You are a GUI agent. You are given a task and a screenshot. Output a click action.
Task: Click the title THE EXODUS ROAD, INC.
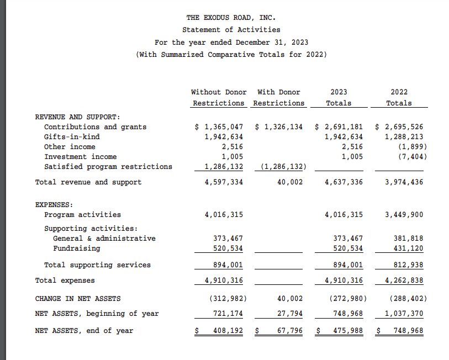pyautogui.click(x=231, y=18)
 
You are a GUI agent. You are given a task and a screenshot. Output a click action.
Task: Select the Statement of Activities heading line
pyautogui.click(x=231, y=30)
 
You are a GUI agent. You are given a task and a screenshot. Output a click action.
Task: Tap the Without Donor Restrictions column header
pyautogui.click(x=219, y=98)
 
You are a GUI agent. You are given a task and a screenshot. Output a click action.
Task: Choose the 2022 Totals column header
pyautogui.click(x=399, y=98)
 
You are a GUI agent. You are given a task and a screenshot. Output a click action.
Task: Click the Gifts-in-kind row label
pyautogui.click(x=72, y=137)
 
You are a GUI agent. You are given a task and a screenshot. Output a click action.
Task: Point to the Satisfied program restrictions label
pyautogui.click(x=108, y=167)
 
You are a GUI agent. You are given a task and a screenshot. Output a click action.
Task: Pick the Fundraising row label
pyautogui.click(x=76, y=248)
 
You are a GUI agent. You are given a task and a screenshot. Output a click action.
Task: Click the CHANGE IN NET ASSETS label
pyautogui.click(x=78, y=299)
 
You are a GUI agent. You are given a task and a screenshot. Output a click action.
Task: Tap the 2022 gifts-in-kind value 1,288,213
pyautogui.click(x=404, y=137)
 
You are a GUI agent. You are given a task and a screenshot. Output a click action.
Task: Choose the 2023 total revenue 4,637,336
pyautogui.click(x=344, y=182)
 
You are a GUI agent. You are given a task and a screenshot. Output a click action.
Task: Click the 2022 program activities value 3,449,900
pyautogui.click(x=404, y=215)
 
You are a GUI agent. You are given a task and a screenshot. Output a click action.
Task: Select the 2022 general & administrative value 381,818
pyautogui.click(x=408, y=239)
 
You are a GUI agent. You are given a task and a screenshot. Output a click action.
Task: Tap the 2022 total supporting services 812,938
pyautogui.click(x=408, y=265)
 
